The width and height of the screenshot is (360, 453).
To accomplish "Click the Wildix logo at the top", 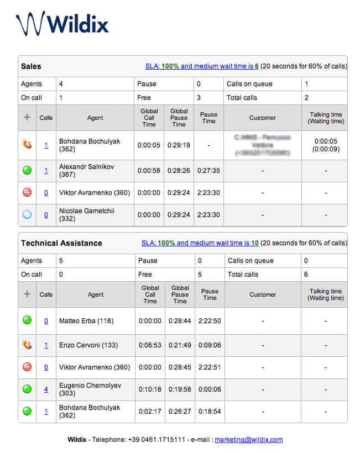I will pyautogui.click(x=62, y=24).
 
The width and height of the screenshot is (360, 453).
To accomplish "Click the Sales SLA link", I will pyautogui.click(x=202, y=66).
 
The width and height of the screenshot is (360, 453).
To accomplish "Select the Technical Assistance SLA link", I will pyautogui.click(x=200, y=243).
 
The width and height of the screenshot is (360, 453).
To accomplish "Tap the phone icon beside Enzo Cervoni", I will pyautogui.click(x=27, y=345).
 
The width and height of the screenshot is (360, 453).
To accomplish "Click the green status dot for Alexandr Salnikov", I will pyautogui.click(x=27, y=171).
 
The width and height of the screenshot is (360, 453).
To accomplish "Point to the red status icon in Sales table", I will pyautogui.click(x=27, y=193).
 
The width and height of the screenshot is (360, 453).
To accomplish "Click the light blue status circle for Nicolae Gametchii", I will pyautogui.click(x=27, y=215).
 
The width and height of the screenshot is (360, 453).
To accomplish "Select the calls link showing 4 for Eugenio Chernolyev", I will pyautogui.click(x=46, y=389).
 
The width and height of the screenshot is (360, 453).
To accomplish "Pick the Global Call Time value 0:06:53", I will pyautogui.click(x=149, y=345).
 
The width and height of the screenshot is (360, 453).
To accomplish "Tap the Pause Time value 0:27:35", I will pyautogui.click(x=209, y=171).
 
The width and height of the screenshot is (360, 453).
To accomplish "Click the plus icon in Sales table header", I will pyautogui.click(x=27, y=117).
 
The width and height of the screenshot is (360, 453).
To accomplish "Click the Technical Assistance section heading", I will pyautogui.click(x=61, y=243).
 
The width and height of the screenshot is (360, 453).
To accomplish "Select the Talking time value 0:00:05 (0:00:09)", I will pyautogui.click(x=325, y=145).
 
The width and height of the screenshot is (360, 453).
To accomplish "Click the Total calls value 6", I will pyautogui.click(x=306, y=275).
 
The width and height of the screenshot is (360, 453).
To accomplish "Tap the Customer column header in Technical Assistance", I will pyautogui.click(x=263, y=294).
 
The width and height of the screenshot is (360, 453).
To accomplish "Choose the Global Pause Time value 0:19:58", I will pyautogui.click(x=179, y=389).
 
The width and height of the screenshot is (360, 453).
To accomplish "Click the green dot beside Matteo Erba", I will pyautogui.click(x=27, y=320).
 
